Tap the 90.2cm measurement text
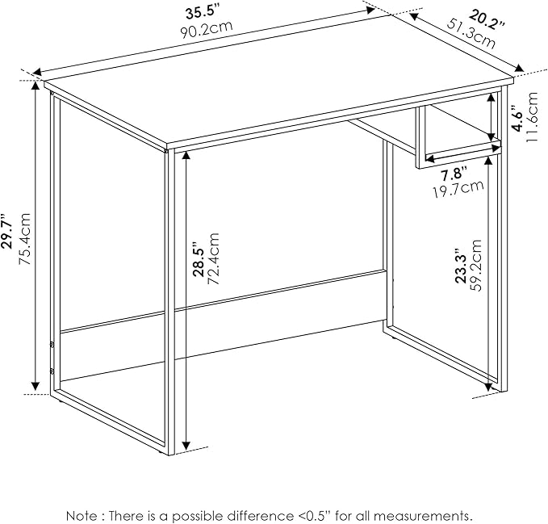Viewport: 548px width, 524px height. (206, 29)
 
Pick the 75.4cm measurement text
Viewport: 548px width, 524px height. (25, 238)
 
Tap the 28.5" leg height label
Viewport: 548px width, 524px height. (200, 259)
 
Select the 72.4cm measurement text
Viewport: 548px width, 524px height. (213, 258)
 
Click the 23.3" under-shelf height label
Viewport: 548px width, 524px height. (461, 266)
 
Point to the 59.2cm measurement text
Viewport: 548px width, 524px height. (475, 266)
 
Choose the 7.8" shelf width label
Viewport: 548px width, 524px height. (454, 174)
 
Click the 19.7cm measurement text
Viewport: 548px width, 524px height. (458, 189)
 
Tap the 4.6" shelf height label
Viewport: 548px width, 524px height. (517, 118)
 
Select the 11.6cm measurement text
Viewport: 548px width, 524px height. (532, 117)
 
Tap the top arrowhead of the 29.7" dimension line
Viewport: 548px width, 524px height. (35, 86)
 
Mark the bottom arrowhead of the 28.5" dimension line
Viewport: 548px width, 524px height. (186, 446)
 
